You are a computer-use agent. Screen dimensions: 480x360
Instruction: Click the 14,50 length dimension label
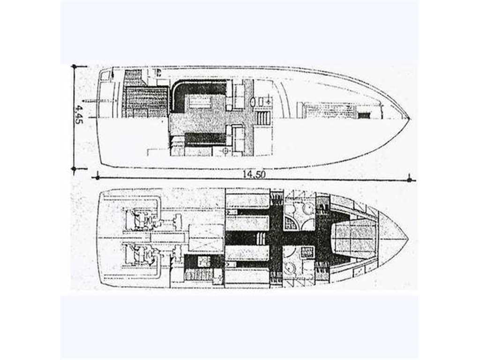click(x=254, y=174)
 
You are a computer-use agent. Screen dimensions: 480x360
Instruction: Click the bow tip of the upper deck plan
click(x=411, y=119)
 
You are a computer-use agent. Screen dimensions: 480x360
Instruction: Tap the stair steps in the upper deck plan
click(x=262, y=118)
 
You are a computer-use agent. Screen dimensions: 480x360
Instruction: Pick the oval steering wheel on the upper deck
click(x=254, y=101)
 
